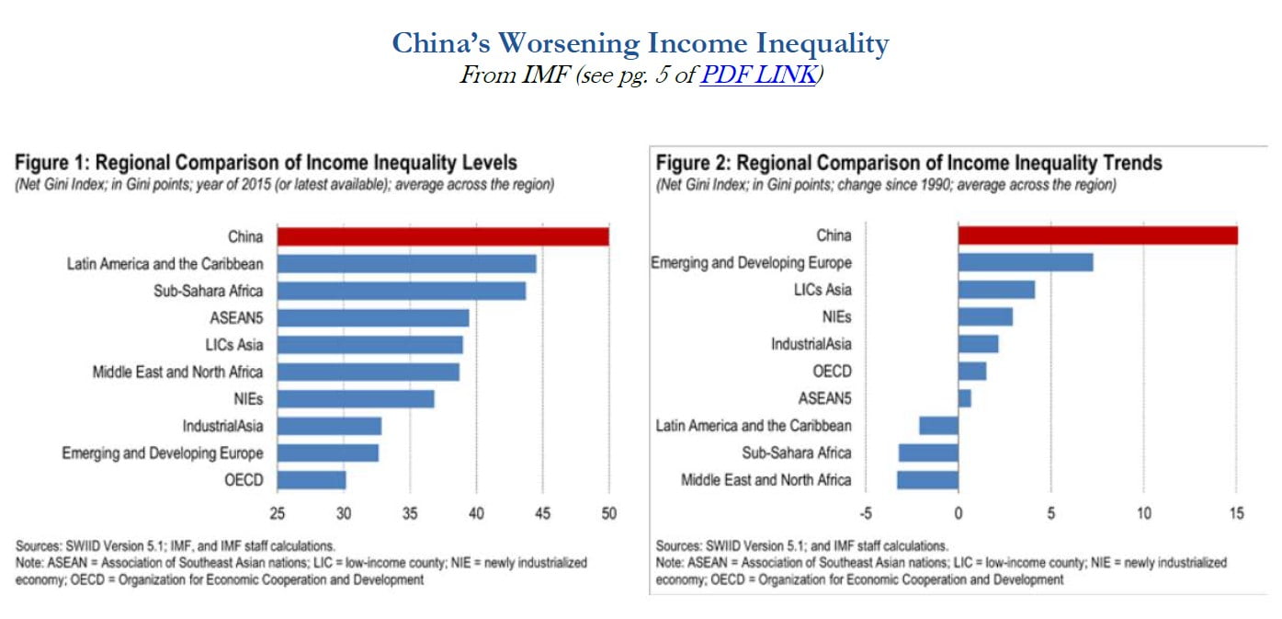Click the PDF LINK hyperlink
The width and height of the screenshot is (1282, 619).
pos(757,75)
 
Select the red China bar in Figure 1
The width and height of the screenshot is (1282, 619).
pos(442,236)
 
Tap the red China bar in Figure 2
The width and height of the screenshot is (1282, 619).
pos(1097,235)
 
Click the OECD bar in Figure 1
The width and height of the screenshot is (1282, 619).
pos(311,479)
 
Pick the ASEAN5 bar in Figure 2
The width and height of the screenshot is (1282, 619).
pos(964,398)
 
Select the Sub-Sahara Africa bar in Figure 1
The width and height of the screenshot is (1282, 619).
pos(402,291)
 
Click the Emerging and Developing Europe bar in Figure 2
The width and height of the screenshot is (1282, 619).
pos(1026,262)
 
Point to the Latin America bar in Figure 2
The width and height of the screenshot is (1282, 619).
pos(938,425)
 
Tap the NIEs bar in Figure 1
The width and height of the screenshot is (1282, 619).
pos(355,398)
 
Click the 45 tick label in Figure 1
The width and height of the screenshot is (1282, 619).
pos(542,512)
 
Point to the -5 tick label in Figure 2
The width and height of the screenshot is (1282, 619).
pos(864,512)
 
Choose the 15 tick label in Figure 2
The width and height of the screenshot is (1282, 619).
pos(1236,512)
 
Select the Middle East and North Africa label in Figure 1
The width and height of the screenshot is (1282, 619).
pos(177,372)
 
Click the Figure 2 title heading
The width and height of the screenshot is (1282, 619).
pos(908,163)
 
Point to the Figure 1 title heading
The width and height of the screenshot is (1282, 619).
pos(266,163)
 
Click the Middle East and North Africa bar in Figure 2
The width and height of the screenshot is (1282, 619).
pos(927,479)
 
